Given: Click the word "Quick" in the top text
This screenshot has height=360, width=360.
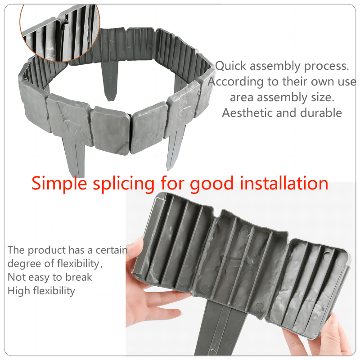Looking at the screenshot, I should [x=231, y=66].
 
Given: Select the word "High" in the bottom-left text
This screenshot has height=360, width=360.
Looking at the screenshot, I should [x=18, y=291].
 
